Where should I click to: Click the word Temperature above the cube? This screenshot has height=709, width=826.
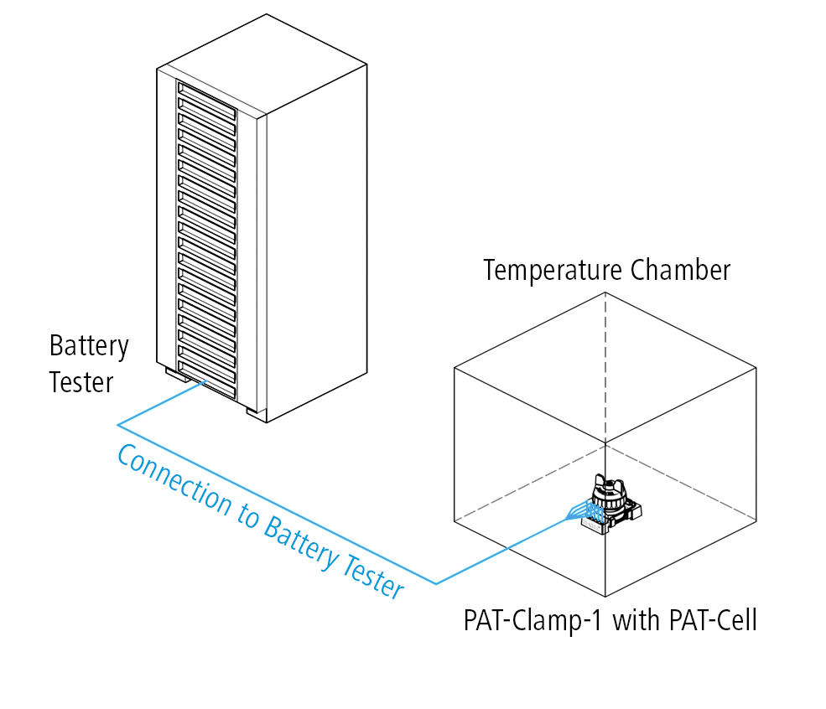click(553, 271)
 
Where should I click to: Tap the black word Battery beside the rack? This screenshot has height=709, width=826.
click(89, 346)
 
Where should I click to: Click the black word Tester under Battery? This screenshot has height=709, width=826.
click(81, 382)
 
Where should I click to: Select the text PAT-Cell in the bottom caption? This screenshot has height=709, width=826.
click(713, 621)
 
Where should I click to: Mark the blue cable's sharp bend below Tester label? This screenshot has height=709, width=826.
click(118, 423)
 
